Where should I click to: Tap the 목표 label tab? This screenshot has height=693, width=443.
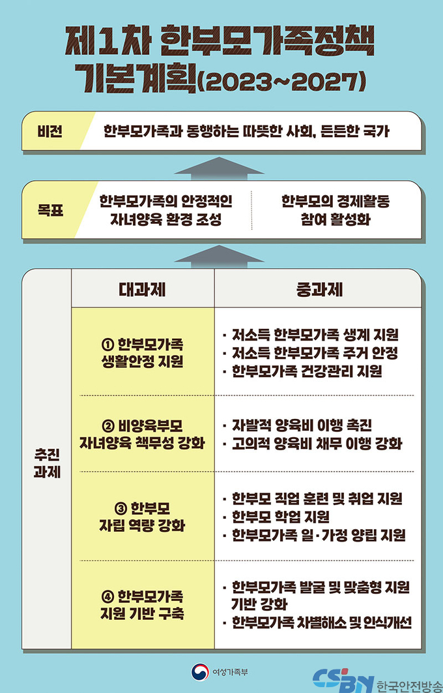50,210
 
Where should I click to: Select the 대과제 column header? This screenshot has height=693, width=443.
142,289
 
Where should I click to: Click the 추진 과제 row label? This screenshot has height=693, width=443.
47,463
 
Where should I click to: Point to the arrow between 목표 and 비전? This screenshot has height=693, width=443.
220,168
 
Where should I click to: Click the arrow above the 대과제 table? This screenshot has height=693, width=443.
220,257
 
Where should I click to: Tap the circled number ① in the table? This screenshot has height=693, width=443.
107,345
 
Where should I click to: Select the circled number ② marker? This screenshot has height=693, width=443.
107,426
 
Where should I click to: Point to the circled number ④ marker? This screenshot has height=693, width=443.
107,597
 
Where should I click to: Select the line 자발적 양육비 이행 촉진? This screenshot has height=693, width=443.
297,425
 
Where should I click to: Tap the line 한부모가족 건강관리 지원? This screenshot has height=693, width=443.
302,371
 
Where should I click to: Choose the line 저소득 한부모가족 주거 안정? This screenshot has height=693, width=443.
311,353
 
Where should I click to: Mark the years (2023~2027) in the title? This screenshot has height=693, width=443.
281,82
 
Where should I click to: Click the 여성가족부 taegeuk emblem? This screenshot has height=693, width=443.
200,671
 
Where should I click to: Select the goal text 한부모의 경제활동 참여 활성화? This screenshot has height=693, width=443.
336,210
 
